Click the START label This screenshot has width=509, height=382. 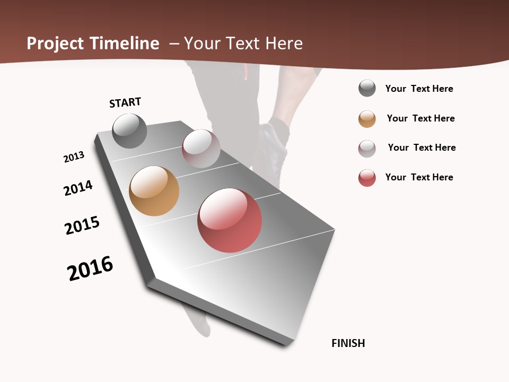125,102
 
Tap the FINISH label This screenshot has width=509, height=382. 348,343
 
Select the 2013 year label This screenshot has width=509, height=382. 74,157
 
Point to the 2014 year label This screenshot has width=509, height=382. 78,188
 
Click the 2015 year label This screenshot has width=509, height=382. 82,225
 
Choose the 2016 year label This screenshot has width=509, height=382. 90,268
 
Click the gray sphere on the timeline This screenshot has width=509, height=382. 129,131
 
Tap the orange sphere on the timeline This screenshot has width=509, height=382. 154,191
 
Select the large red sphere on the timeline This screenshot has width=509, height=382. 230,220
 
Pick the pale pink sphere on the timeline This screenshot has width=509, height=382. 201,149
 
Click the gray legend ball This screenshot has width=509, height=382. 367,89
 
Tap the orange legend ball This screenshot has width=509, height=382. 367,119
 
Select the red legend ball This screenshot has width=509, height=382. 367,178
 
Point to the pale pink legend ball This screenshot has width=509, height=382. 367,149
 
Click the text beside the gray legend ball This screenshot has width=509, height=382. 419,89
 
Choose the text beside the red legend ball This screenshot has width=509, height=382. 419,177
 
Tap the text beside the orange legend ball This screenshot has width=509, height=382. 420,118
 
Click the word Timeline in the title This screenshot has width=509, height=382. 125,44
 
